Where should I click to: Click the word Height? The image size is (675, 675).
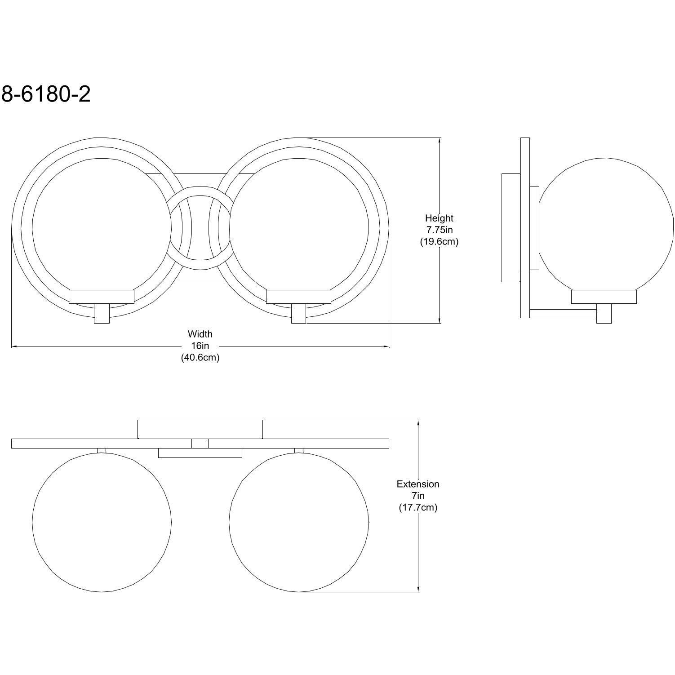coord(439,218)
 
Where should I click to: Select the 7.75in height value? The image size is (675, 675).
coord(439,230)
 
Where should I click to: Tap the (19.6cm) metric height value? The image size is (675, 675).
coord(439,242)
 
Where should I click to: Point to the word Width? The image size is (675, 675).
coord(200,334)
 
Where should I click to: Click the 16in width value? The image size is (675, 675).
coord(200,346)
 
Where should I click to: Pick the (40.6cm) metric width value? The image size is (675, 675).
coord(200,358)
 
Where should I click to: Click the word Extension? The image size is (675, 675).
coord(418,484)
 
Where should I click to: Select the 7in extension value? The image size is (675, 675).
coord(418,496)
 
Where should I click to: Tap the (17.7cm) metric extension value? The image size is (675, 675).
coord(418,508)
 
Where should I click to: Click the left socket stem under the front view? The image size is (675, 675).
coord(102,314)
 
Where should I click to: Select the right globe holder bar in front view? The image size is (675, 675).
coord(299,297)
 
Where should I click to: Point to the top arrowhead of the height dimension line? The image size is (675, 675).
coord(439,141)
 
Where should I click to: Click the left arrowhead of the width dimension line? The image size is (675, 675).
coord(14,346)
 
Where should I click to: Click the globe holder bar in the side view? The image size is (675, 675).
coord(604,297)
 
